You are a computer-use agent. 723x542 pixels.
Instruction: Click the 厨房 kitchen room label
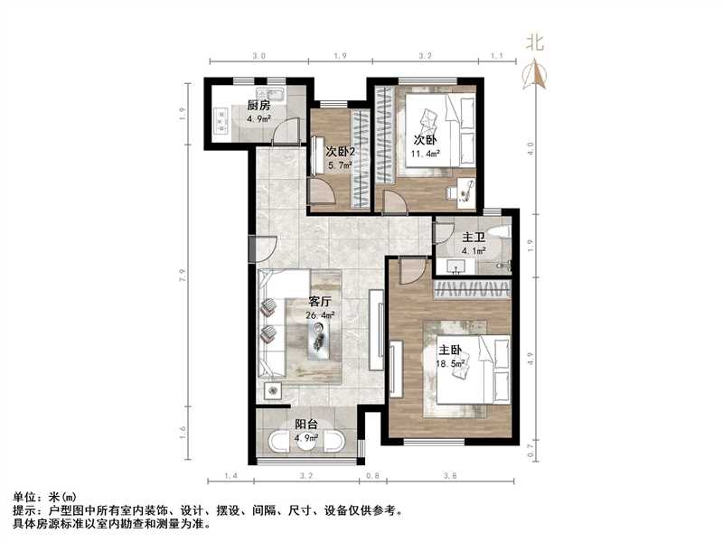[259, 103]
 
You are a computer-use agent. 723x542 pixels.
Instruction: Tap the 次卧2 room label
[340, 152]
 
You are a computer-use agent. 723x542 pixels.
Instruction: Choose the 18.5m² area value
[452, 363]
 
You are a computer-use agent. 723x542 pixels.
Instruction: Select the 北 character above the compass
[535, 42]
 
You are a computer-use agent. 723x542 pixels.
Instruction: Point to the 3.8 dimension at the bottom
[449, 475]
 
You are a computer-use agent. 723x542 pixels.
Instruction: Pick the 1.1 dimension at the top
[496, 56]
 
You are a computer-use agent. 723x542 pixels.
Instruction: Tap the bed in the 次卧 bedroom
[443, 126]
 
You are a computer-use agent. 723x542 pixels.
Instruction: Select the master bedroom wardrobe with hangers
[473, 289]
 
